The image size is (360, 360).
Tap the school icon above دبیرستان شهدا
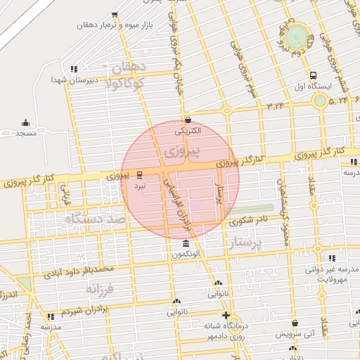coord(74,69)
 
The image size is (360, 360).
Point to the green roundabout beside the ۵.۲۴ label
coord(320,101)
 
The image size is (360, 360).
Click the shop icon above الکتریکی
coord(187,120)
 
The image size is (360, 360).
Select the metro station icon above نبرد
coord(140,174)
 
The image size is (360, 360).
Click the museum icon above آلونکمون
coord(185,243)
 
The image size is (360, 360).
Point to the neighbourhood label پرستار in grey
coord(246,243)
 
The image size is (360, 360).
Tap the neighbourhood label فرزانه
coord(100,288)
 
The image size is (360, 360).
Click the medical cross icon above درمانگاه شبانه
coord(225,315)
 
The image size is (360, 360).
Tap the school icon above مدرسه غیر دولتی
coord(333,258)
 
